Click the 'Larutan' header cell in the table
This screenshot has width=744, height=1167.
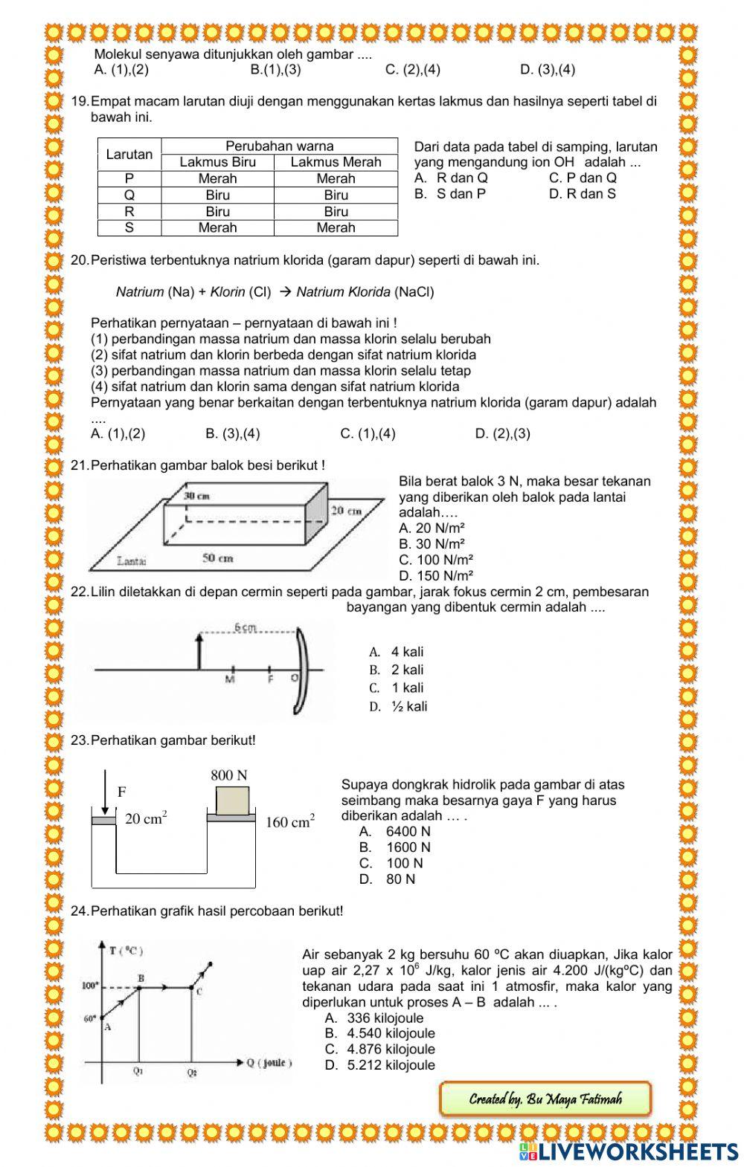(129, 155)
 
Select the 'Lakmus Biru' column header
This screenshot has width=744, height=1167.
(217, 162)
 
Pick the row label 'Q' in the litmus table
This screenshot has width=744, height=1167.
(129, 195)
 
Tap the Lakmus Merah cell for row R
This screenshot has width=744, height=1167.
(336, 211)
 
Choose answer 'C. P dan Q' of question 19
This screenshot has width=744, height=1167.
(582, 178)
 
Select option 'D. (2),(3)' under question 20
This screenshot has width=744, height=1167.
(502, 433)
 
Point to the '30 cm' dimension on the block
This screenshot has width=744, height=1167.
(196, 495)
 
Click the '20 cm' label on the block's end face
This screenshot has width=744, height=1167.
(345, 511)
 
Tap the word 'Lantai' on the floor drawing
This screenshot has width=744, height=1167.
(132, 560)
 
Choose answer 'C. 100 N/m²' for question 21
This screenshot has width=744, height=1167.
(436, 560)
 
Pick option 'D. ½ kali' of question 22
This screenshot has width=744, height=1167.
(399, 706)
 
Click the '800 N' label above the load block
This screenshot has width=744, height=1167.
(229, 775)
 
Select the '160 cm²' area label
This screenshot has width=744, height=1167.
(290, 822)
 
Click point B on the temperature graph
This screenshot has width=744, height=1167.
(140, 988)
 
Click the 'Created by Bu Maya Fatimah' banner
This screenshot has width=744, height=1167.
(545, 1099)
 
